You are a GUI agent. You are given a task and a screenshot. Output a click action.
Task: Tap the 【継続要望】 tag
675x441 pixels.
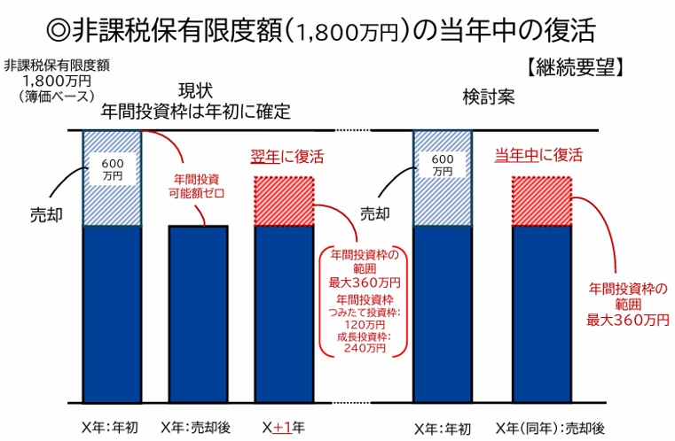pyautogui.click(x=575, y=67)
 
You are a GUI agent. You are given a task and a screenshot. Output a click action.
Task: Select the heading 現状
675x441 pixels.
pyautogui.click(x=195, y=90)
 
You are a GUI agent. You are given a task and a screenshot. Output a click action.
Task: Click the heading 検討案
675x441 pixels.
pyautogui.click(x=489, y=97)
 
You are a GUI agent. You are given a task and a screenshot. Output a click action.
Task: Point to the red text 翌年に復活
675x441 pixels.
pyautogui.click(x=286, y=157)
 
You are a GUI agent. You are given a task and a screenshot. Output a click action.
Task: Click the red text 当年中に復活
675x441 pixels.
pyautogui.click(x=538, y=155)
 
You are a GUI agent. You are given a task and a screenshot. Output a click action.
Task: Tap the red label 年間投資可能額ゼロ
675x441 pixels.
pyautogui.click(x=196, y=186)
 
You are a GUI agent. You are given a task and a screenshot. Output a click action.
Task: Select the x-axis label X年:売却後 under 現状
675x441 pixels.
pyautogui.click(x=196, y=427)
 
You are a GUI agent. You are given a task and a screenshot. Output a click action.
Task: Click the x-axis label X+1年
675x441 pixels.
pyautogui.click(x=284, y=427)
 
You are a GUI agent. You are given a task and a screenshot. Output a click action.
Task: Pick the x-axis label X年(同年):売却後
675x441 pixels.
pyautogui.click(x=550, y=428)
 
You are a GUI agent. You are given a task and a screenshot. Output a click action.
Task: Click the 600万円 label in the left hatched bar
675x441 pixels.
pyautogui.click(x=113, y=169)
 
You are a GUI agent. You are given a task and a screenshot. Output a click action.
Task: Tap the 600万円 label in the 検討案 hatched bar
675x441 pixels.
pyautogui.click(x=443, y=165)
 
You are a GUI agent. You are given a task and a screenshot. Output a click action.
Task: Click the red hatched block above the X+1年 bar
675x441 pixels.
pyautogui.click(x=284, y=201)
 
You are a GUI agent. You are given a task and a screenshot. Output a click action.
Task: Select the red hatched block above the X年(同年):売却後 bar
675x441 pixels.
pyautogui.click(x=542, y=201)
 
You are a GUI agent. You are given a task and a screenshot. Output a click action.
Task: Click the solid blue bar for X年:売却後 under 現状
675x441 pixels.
pyautogui.click(x=199, y=314)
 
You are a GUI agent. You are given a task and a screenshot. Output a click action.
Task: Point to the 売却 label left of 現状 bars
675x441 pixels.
pyautogui.click(x=46, y=215)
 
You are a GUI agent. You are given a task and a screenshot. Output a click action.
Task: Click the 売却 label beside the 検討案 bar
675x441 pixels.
pyautogui.click(x=375, y=213)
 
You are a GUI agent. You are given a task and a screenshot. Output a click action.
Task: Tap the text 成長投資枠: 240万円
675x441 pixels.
pyautogui.click(x=365, y=343)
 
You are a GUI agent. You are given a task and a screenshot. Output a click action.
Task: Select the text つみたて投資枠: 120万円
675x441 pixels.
pyautogui.click(x=365, y=318)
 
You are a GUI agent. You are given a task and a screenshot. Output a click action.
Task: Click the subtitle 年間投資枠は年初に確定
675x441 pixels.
pyautogui.click(x=195, y=112)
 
